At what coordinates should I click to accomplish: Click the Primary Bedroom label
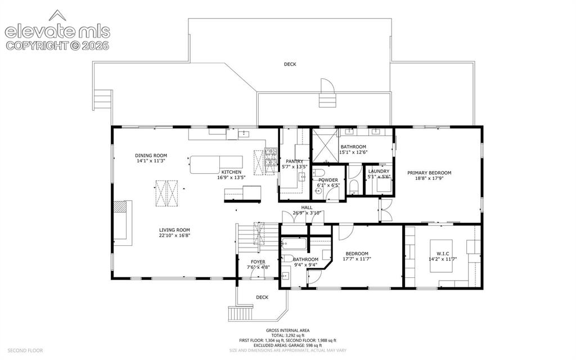click(429, 173)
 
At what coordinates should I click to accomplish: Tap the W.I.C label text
click(443, 254)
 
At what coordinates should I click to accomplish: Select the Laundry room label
click(379, 171)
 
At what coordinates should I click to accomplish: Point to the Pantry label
click(294, 161)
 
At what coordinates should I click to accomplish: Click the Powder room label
click(328, 180)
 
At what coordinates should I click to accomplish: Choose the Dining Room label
click(151, 155)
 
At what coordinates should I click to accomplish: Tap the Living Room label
click(174, 230)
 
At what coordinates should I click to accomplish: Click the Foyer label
click(258, 262)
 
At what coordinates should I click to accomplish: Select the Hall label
click(307, 208)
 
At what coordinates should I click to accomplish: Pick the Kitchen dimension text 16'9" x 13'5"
click(231, 177)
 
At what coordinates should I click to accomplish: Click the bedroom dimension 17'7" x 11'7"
click(357, 259)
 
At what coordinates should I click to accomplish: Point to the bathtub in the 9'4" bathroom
click(294, 243)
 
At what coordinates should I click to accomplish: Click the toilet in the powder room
click(319, 172)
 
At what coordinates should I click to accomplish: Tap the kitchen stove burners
click(271, 157)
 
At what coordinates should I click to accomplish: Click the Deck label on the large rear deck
click(290, 64)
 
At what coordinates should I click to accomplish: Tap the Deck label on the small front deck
click(262, 297)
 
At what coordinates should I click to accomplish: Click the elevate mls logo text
click(57, 31)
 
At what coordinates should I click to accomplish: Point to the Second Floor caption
click(25, 350)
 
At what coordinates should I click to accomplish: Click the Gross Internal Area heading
click(287, 330)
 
